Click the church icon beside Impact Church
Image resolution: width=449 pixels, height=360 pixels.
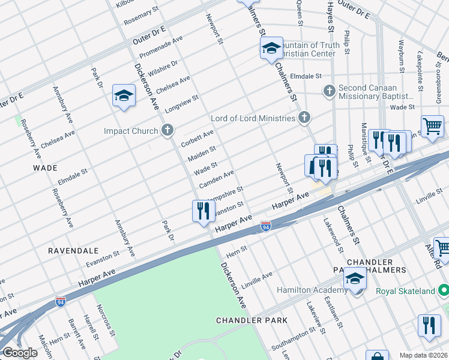coord(167,130)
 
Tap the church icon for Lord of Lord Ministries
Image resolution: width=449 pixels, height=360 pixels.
coord(305,118)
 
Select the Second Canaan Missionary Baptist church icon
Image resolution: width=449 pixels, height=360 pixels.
coord(328,91)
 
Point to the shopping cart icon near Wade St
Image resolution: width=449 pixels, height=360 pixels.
coord(432,126)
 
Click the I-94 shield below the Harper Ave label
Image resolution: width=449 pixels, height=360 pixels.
coord(266,226)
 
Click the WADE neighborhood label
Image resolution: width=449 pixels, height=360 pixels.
coord(46,168)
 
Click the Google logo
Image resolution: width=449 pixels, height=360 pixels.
coord(19,353)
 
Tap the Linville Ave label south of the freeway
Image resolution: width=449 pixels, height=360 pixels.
coord(256,279)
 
